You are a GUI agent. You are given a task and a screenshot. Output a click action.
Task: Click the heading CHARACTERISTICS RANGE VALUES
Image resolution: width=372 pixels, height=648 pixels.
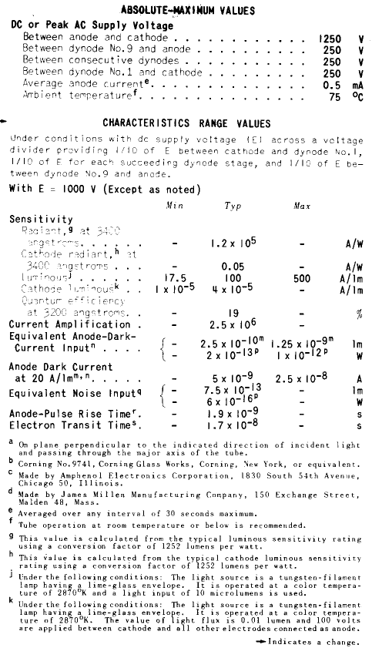tap(186, 123)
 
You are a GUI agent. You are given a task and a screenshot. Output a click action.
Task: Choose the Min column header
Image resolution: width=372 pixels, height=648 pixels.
tap(174, 206)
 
